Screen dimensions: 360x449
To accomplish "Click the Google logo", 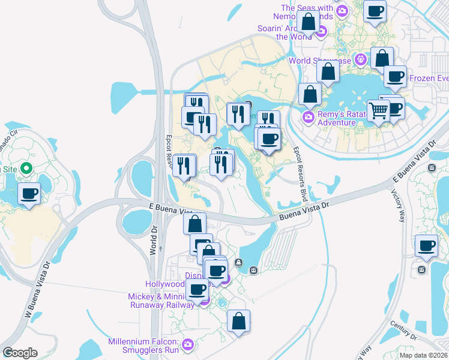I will click(x=20, y=353).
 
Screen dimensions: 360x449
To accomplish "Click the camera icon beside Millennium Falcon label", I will click(x=188, y=344).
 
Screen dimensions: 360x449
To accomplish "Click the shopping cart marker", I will click(x=378, y=110).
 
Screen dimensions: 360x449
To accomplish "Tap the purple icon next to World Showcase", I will click(x=360, y=59).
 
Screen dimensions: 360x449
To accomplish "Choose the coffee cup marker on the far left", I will click(x=29, y=194).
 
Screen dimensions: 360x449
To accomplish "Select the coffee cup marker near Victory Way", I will click(x=426, y=245).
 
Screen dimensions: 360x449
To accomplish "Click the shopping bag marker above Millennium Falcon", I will click(x=238, y=320).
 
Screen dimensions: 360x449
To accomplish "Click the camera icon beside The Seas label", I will click(x=342, y=10).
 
